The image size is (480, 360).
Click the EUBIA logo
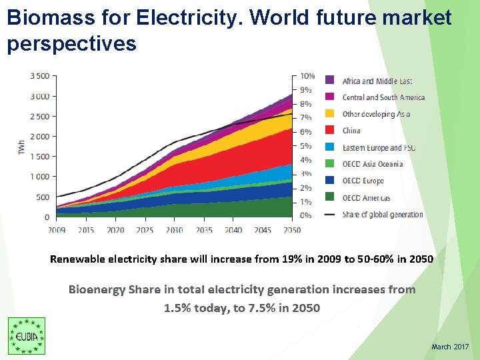(27, 336)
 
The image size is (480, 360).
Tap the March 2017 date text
(450, 347)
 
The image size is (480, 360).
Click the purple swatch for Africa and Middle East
(330, 81)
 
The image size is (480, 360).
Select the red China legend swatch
(330, 131)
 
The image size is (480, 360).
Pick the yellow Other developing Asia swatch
(330, 114)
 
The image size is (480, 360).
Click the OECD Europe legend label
(363, 181)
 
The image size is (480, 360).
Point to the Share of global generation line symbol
(330, 215)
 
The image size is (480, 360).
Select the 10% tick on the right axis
(307, 76)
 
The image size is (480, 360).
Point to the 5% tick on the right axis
(305, 146)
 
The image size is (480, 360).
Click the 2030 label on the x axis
(175, 230)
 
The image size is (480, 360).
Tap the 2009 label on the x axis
(57, 230)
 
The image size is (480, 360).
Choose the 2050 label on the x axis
(291, 230)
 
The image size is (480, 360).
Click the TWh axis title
(22, 147)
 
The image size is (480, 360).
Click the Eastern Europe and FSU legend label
(379, 147)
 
